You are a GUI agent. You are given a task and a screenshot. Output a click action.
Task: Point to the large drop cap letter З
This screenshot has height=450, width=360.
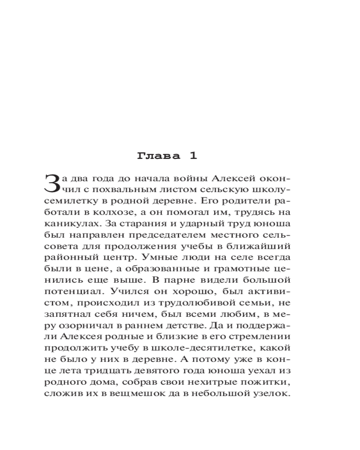(x=53, y=183)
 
